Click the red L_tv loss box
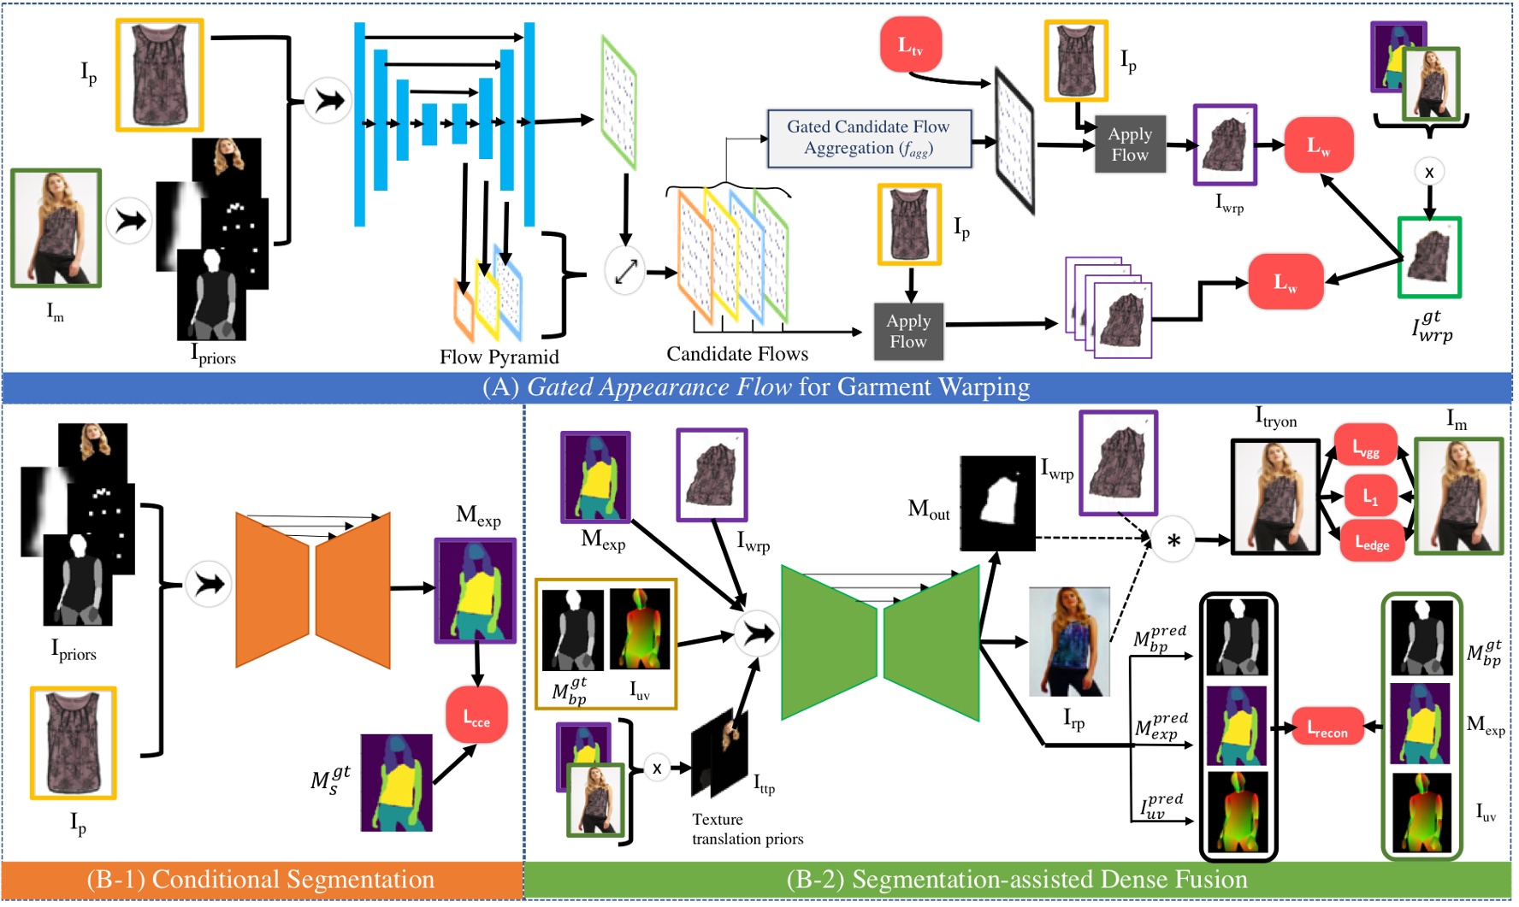[x=911, y=44]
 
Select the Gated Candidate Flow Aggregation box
[x=869, y=138]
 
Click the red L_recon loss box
[x=1327, y=727]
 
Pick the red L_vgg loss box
[x=1366, y=446]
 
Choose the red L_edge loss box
[x=1371, y=541]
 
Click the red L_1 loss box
[x=1370, y=495]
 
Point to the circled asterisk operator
[x=1173, y=541]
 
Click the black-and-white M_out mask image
[x=997, y=503]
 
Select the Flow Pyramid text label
[x=499, y=356]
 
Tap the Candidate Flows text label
[x=737, y=353]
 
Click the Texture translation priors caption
[x=748, y=829]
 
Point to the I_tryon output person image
[x=1274, y=497]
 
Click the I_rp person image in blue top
[x=1069, y=641]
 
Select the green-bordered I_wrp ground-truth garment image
[x=1429, y=257]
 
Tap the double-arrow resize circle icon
[x=625, y=271]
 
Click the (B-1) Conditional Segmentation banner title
[x=261, y=879]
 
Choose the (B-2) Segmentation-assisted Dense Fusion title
[x=1016, y=879]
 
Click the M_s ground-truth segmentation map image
[x=396, y=782]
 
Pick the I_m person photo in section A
[x=56, y=228]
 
